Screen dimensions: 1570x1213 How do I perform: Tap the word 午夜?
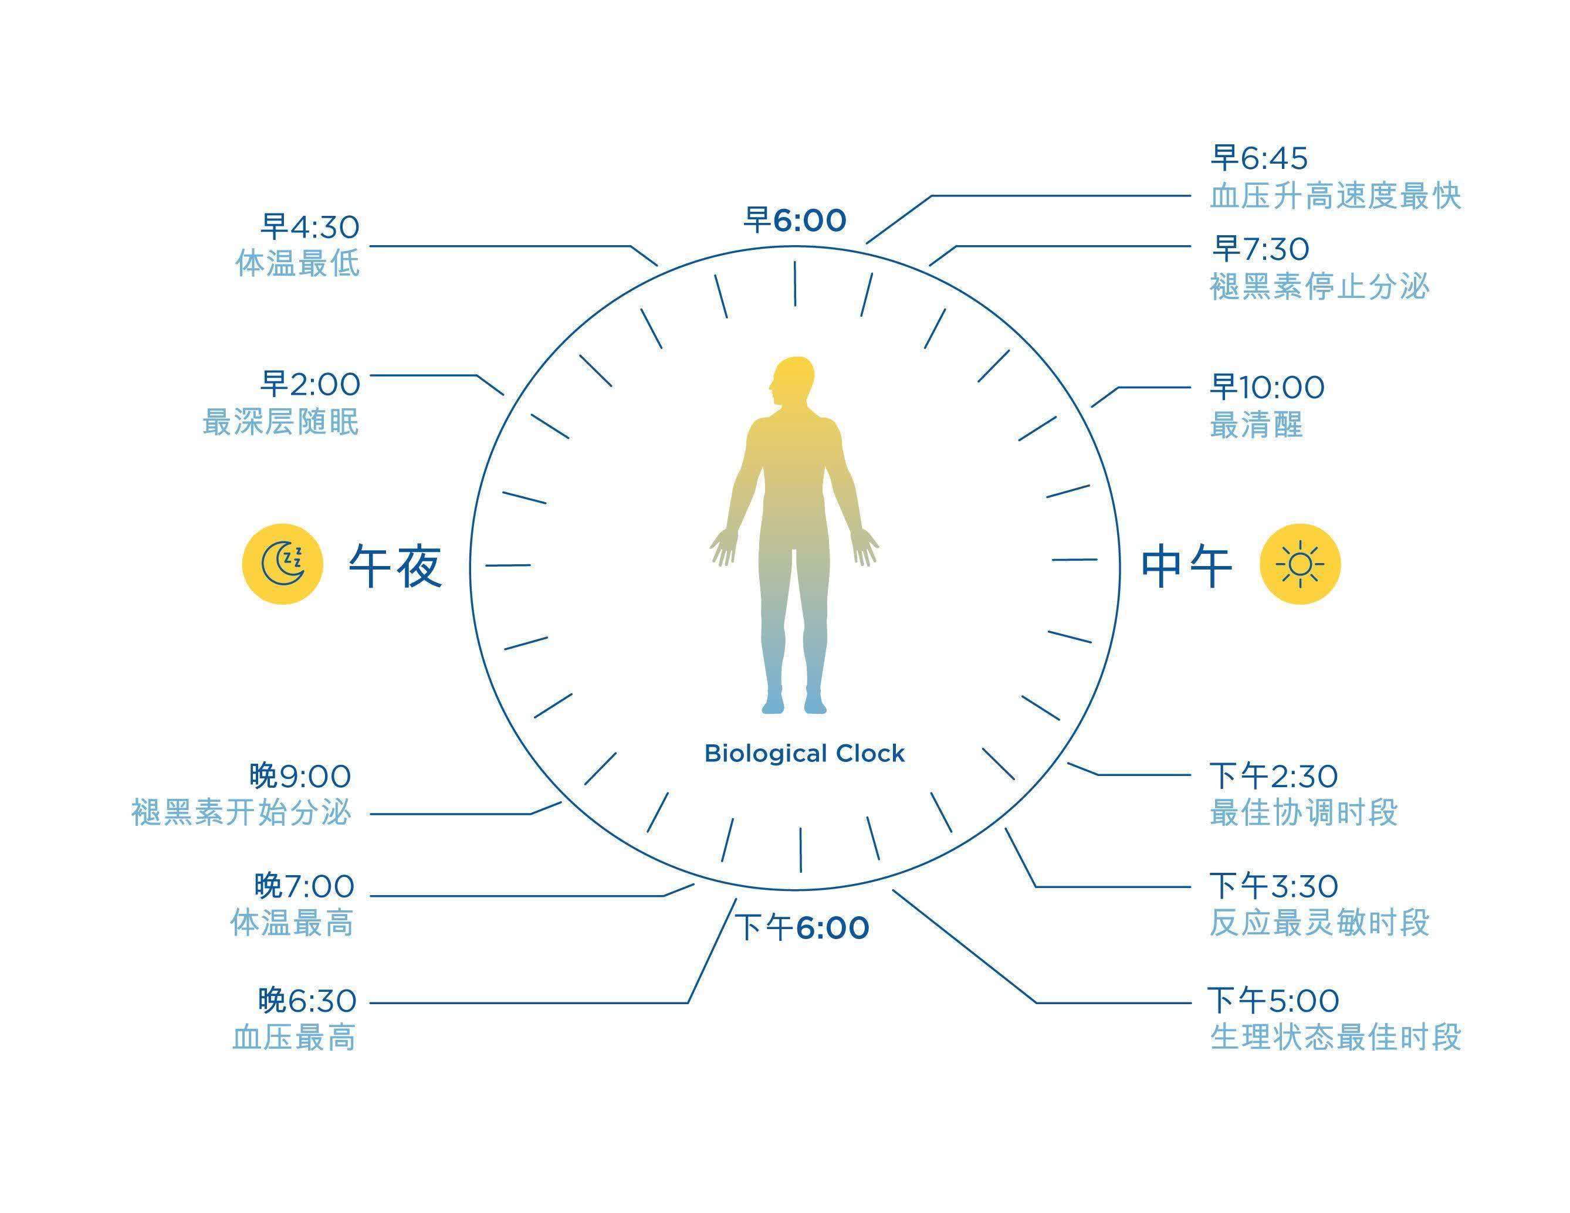395,566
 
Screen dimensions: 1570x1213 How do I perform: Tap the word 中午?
1187,566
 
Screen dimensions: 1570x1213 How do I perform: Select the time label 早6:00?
795,220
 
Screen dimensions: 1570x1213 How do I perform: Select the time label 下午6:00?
801,927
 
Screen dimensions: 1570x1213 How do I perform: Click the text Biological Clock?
804,753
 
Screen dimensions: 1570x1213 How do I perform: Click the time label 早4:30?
310,226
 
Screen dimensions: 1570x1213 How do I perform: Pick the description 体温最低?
297,264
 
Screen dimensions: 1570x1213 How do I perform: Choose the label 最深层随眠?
280,422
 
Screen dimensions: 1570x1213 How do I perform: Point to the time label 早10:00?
1267,387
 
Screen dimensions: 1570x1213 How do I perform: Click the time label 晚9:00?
300,775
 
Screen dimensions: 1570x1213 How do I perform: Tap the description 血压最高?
294,1038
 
